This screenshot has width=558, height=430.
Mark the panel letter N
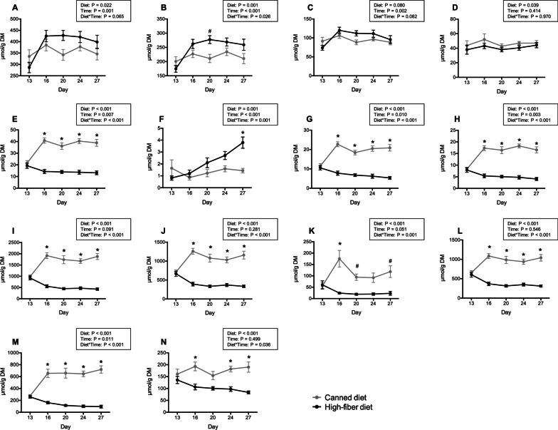pos(149,337)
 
